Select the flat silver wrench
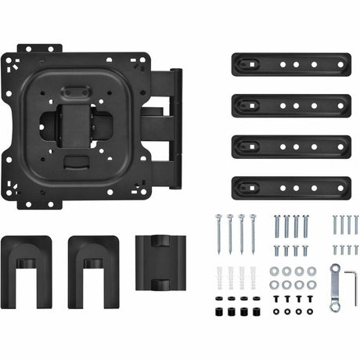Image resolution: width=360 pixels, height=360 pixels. coord(335,287)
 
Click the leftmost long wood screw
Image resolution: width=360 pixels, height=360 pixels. coord(219,232)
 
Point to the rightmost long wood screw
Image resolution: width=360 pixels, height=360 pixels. coord(253,232)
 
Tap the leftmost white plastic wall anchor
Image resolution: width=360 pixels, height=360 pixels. coord(220,278)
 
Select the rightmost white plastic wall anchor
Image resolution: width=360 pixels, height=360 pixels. coord(252,278)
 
